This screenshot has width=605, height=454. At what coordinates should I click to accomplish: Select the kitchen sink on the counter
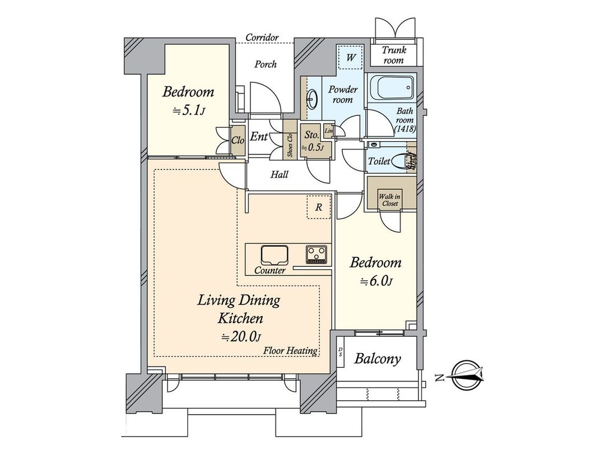pos(273,255)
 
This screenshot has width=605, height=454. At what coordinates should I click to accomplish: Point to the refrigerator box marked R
pos(318,207)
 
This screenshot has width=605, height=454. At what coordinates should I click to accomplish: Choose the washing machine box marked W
pos(351,57)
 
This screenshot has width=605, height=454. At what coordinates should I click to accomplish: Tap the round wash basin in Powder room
pos(311,100)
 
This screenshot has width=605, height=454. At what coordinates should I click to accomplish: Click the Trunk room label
pos(393,55)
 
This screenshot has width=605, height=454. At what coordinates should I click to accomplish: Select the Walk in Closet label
pos(389,200)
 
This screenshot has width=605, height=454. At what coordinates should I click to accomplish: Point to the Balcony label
pos(378,359)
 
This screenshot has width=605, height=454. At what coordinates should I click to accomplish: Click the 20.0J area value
pos(241,336)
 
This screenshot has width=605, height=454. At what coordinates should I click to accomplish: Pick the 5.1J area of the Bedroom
pos(189,110)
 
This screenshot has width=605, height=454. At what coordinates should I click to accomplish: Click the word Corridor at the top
pos(262,38)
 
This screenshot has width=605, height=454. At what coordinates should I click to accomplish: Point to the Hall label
pos(279,175)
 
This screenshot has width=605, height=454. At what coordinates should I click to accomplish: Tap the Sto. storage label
pos(311,135)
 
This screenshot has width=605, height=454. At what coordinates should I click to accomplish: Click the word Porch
pos(265,64)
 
